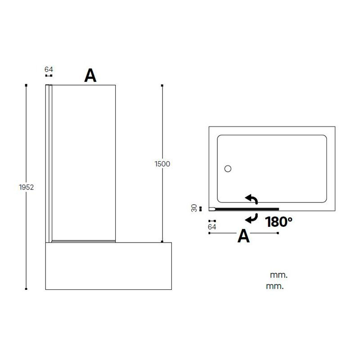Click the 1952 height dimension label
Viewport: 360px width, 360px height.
(26, 187)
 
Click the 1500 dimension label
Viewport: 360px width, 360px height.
(162, 164)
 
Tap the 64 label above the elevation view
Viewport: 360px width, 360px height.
(49, 69)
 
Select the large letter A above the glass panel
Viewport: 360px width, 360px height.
(90, 75)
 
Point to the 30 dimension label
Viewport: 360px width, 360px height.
(194, 208)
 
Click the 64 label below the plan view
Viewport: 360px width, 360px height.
(212, 227)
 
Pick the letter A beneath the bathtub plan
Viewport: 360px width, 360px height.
(243, 236)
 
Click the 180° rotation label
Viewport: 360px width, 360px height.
(279, 222)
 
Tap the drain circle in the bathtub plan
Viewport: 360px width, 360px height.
(228, 169)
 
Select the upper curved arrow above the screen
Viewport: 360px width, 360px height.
(252, 199)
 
